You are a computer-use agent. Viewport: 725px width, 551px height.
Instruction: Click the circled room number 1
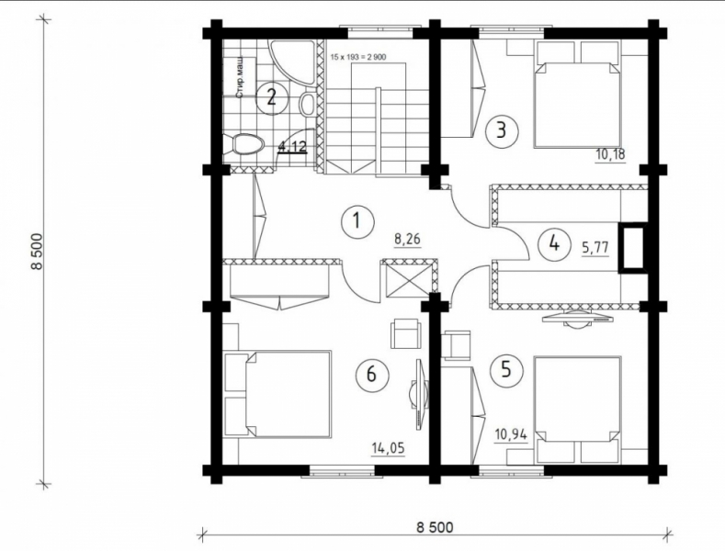[x=357, y=220]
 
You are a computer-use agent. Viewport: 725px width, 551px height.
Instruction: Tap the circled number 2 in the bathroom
[x=272, y=97]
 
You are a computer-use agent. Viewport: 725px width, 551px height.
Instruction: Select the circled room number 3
[x=501, y=130]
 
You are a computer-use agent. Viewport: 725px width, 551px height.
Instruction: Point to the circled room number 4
[x=554, y=243]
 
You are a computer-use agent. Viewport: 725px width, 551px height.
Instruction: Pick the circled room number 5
[x=505, y=370]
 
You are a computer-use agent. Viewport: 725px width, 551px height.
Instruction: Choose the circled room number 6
[x=371, y=374]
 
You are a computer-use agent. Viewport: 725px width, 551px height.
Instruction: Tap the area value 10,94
[x=511, y=435]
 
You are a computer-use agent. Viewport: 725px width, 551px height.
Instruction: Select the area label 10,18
[x=610, y=154]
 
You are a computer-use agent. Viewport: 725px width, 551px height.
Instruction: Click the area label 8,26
[x=406, y=241]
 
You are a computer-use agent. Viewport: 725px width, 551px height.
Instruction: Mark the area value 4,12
[x=292, y=147]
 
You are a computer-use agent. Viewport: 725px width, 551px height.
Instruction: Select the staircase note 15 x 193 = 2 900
[x=358, y=57]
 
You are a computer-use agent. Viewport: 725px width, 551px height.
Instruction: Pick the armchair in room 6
[x=406, y=333]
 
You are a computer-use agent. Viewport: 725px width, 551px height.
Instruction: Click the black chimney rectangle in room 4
[x=632, y=247]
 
